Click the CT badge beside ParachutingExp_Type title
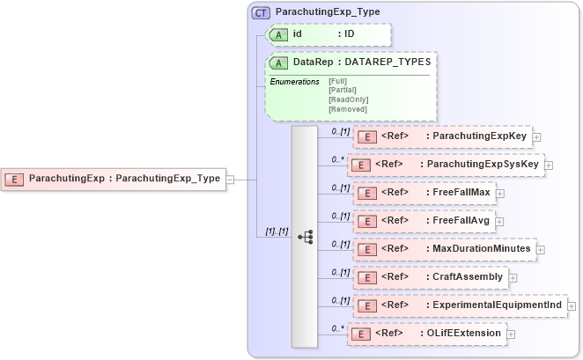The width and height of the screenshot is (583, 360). click(x=262, y=13)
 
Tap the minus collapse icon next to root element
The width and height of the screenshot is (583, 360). click(x=230, y=179)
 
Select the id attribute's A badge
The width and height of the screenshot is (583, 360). click(x=279, y=33)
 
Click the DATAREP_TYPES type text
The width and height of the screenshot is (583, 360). click(x=387, y=62)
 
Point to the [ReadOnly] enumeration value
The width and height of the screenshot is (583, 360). click(x=348, y=99)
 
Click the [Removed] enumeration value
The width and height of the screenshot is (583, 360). click(x=347, y=109)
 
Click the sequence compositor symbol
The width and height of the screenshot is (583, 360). click(x=306, y=236)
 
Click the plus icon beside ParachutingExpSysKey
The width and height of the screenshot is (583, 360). click(x=548, y=165)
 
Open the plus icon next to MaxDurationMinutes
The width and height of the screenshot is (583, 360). click(x=541, y=249)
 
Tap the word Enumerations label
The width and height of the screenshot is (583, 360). click(x=294, y=82)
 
